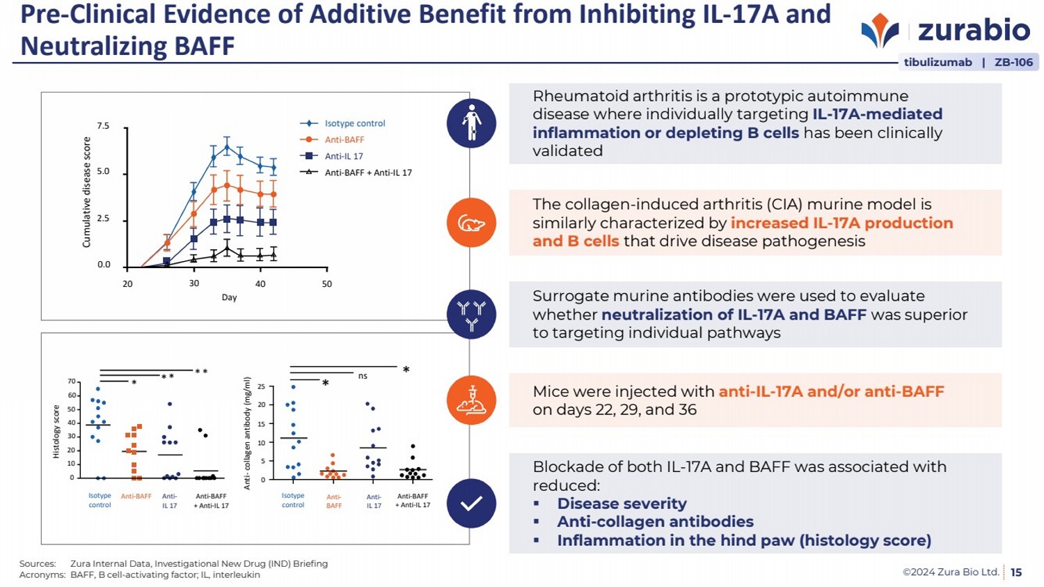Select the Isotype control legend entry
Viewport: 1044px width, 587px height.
[x=354, y=123]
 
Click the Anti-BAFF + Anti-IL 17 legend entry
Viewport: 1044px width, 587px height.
[x=367, y=173]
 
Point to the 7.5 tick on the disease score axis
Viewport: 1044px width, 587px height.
[x=103, y=126]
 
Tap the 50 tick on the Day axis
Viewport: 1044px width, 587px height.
[x=326, y=284]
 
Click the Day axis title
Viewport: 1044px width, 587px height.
[x=229, y=297]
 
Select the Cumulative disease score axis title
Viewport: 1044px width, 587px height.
[x=87, y=192]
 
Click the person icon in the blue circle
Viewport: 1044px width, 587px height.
[x=471, y=123]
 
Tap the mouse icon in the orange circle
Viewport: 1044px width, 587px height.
[x=471, y=224]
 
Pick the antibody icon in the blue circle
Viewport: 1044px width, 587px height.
[x=471, y=315]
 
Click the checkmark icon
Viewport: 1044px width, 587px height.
[x=471, y=503]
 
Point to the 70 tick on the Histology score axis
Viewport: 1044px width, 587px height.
[x=72, y=382]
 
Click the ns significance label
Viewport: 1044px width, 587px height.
[x=363, y=376]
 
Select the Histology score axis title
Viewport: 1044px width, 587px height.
[x=57, y=432]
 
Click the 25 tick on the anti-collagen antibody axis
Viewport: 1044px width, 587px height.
[x=261, y=386]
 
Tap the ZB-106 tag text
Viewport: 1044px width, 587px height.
[x=1013, y=62]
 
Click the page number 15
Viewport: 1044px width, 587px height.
[x=1016, y=572]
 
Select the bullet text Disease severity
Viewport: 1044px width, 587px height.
[x=622, y=503]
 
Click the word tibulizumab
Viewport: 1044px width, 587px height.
[x=938, y=62]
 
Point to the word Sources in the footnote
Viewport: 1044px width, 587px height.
[x=38, y=564]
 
